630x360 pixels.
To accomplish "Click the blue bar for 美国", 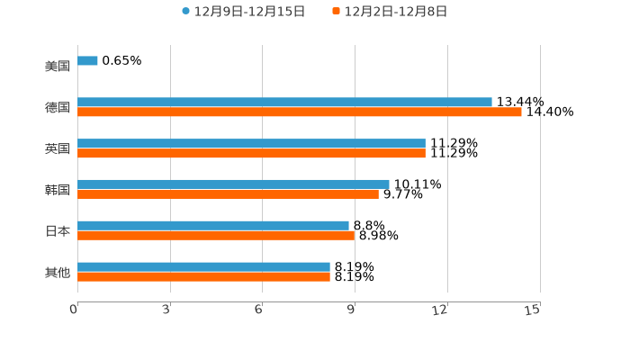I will click(x=87, y=61).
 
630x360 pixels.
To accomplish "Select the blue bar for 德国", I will click(x=284, y=103).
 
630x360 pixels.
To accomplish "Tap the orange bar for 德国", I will click(x=300, y=112).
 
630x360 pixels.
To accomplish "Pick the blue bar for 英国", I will click(x=251, y=144).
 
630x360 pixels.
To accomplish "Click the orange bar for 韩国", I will click(x=228, y=193).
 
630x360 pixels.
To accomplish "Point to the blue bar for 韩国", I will click(x=233, y=184).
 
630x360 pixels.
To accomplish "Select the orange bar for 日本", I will click(x=216, y=235).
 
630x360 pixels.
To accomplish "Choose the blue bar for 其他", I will click(x=203, y=266).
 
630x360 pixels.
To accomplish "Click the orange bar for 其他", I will click(x=203, y=276).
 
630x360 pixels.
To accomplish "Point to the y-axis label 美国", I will click(x=57, y=67).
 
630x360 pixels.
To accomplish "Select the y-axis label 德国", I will click(x=57, y=108).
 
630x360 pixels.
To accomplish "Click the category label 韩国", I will click(x=57, y=190).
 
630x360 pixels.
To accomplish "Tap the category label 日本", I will click(x=57, y=231).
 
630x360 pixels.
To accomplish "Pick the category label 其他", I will click(x=57, y=272).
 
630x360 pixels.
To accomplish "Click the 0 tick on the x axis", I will click(x=75, y=310).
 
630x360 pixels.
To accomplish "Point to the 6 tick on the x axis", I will click(x=259, y=310).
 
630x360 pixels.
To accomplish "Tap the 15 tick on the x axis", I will click(x=534, y=310).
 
